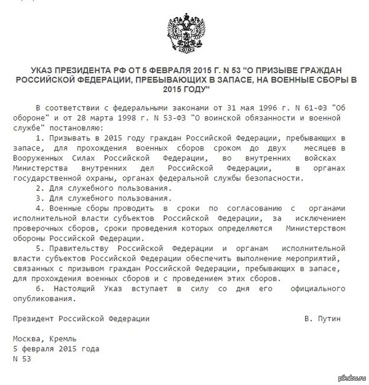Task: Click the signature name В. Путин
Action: (322, 319)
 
